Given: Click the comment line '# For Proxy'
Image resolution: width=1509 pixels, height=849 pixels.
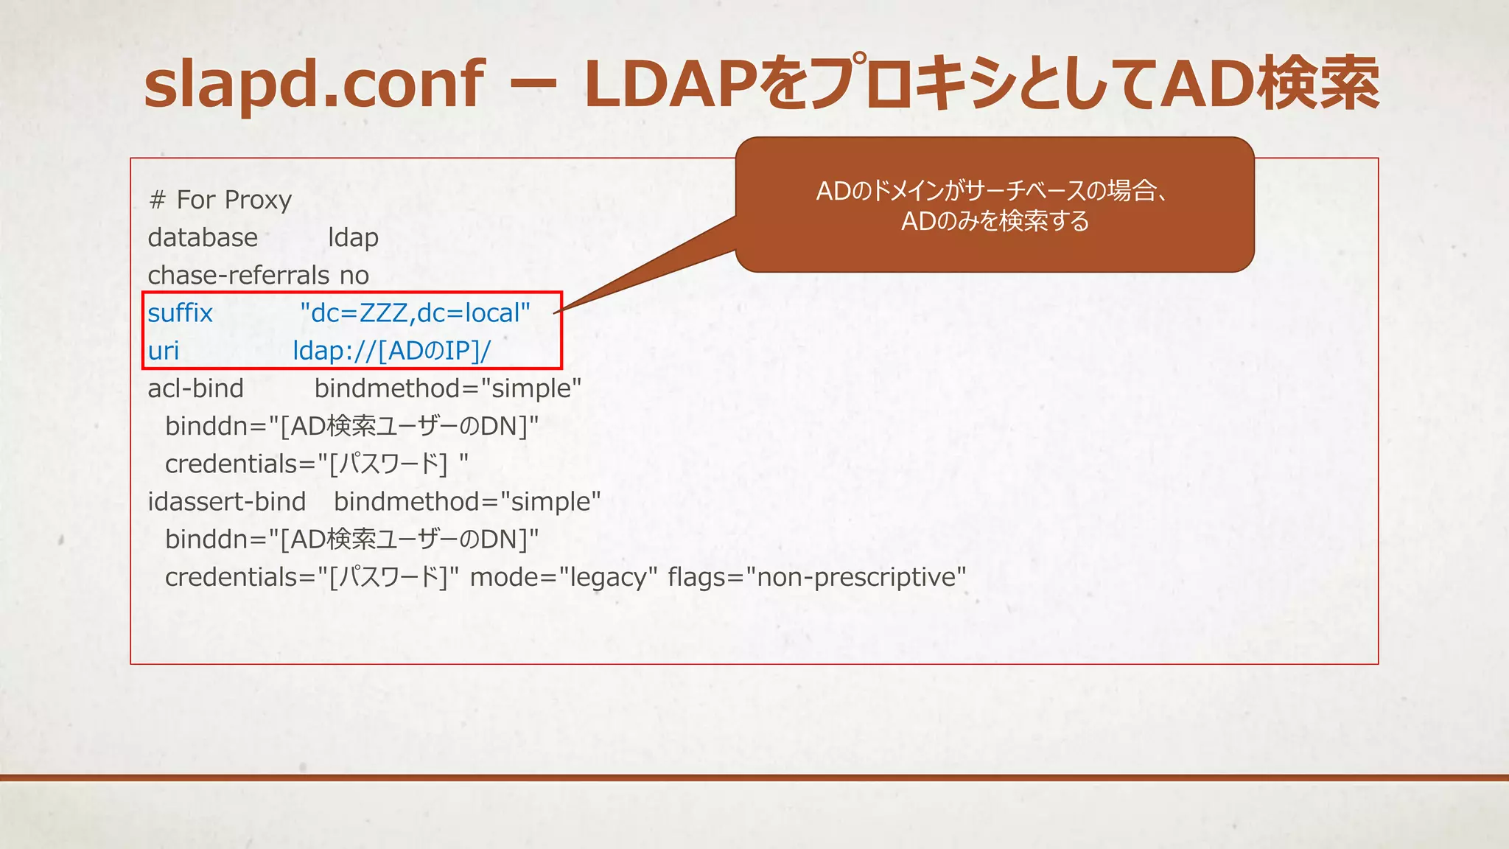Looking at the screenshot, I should (220, 200).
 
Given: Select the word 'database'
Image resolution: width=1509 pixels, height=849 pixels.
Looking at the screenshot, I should (203, 237).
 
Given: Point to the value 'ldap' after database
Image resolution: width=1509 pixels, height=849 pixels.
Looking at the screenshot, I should (353, 237).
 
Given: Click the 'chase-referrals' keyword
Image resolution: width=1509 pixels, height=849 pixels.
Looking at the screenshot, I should (238, 275).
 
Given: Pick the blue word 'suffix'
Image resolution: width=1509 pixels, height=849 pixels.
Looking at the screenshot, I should (180, 313).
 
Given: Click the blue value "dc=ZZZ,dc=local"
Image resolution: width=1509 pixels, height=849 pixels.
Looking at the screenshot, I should (415, 313).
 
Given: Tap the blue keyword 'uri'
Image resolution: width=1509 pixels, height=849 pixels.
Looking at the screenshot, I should (164, 351).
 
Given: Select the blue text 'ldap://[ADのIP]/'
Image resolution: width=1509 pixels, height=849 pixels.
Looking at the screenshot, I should (391, 351).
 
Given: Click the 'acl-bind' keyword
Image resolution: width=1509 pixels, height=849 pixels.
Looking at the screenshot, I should (195, 388).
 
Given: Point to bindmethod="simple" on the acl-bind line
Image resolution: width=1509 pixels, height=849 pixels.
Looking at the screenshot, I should (448, 388).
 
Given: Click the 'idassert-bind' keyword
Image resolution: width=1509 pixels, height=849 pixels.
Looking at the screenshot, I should (226, 502).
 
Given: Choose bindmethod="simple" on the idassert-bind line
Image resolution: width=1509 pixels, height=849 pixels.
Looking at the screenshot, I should (467, 502).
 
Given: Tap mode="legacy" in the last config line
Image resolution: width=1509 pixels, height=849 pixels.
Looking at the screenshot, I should (564, 577).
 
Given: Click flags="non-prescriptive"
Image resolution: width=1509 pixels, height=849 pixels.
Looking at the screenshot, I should (816, 577).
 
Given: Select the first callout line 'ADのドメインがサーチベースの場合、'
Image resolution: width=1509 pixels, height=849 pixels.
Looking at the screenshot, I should (994, 191).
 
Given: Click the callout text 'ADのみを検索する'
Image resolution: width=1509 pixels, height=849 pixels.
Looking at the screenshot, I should (995, 221).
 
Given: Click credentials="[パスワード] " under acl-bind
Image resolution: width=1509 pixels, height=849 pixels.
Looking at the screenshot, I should (316, 464).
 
